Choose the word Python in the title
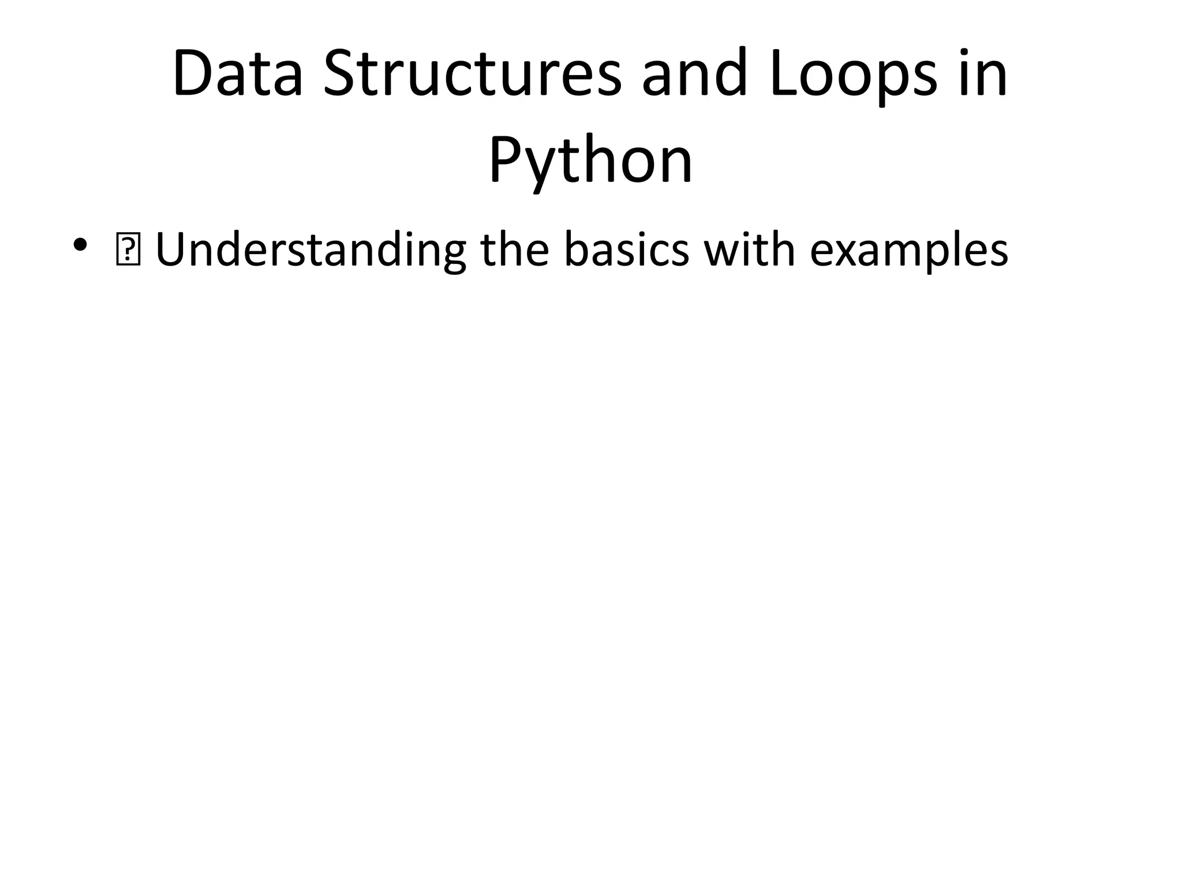(590, 161)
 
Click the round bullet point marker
(80, 245)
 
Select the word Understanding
(311, 251)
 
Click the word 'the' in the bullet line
(514, 249)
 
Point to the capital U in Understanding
(171, 249)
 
